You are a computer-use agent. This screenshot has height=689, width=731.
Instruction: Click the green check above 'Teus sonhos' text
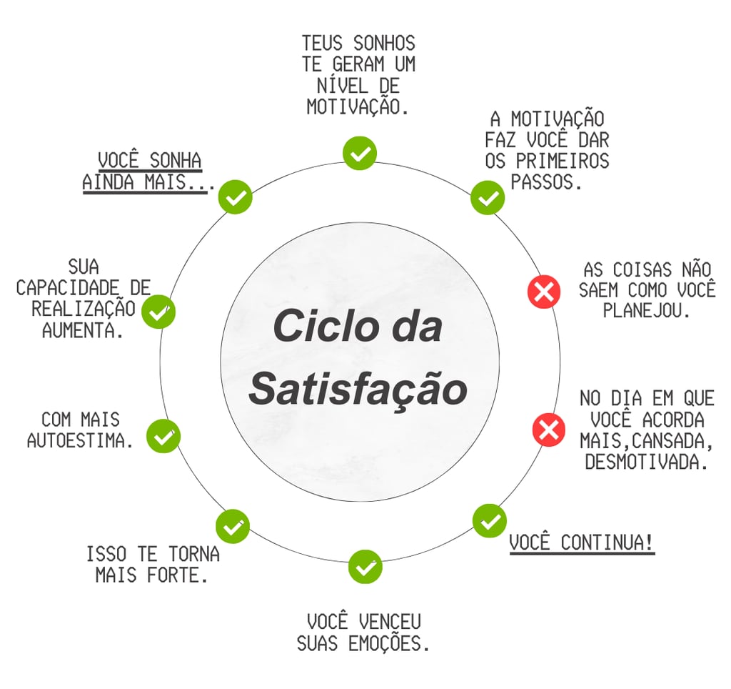pyautogui.click(x=360, y=153)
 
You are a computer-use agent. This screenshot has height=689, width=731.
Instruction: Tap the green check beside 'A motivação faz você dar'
pyautogui.click(x=488, y=198)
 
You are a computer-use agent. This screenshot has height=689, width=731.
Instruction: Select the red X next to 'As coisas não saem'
pyautogui.click(x=544, y=291)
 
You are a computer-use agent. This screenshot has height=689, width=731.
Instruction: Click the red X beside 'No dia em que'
pyautogui.click(x=549, y=430)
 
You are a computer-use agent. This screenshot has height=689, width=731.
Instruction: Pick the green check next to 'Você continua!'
pyautogui.click(x=490, y=521)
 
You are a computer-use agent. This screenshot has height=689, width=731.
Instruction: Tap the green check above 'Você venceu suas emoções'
pyautogui.click(x=365, y=567)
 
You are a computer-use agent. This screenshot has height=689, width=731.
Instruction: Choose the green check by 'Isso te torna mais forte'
pyautogui.click(x=233, y=527)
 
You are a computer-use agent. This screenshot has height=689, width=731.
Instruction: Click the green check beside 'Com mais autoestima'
pyautogui.click(x=163, y=436)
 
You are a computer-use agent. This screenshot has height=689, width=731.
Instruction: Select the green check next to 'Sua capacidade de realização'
pyautogui.click(x=158, y=312)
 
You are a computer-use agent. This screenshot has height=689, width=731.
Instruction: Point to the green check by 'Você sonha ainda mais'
pyautogui.click(x=235, y=197)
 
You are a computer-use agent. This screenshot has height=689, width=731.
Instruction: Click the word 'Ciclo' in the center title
pyautogui.click(x=316, y=326)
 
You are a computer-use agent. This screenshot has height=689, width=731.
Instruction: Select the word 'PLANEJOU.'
pyautogui.click(x=647, y=312)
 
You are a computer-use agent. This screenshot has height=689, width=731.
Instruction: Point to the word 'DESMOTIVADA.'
pyautogui.click(x=647, y=462)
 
